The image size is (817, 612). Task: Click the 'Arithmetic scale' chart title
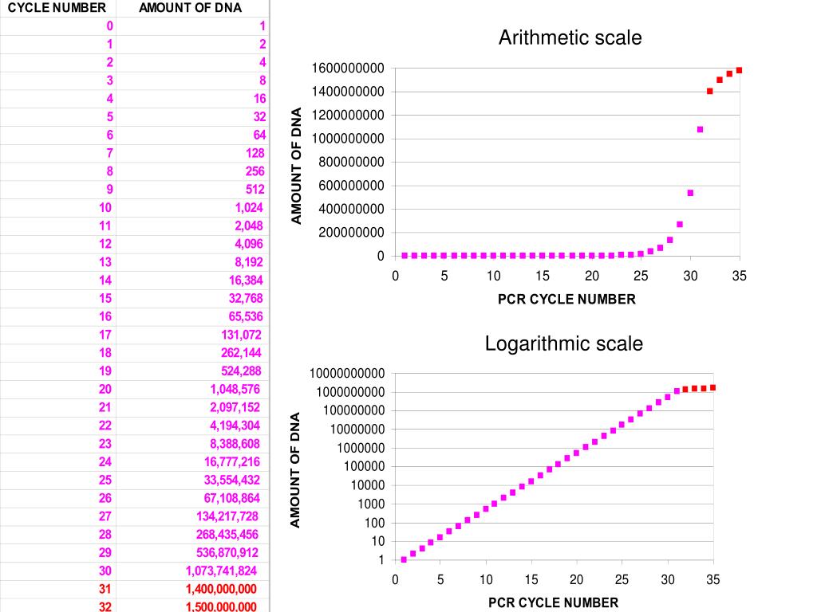click(x=570, y=37)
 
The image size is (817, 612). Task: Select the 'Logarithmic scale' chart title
click(x=563, y=343)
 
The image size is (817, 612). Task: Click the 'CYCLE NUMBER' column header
click(x=57, y=8)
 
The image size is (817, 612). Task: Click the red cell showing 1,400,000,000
click(x=221, y=589)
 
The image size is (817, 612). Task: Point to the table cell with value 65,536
click(x=245, y=316)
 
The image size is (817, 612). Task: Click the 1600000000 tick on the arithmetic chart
click(x=348, y=69)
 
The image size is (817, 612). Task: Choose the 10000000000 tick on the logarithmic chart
click(x=347, y=374)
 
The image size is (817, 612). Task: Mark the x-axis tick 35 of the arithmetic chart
click(x=740, y=276)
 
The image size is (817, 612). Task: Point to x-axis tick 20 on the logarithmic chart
click(x=576, y=579)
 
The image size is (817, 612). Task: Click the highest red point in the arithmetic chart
click(x=739, y=70)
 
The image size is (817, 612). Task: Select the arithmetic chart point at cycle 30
click(x=690, y=193)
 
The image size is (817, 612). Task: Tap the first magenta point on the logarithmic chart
click(x=404, y=559)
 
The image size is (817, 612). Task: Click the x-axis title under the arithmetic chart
click(x=566, y=300)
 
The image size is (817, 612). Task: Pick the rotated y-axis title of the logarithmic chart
click(x=295, y=469)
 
